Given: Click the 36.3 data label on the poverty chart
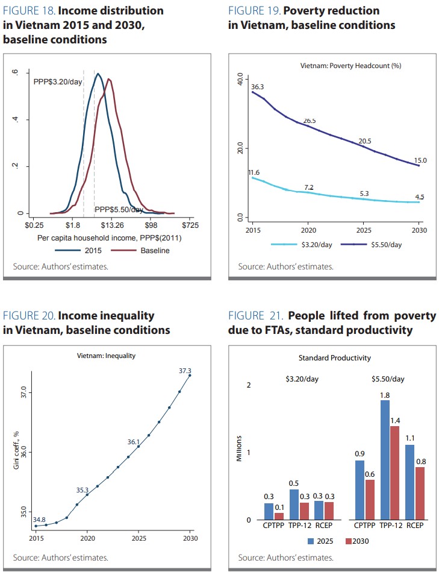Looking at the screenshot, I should pos(257,87).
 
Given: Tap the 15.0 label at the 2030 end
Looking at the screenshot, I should pos(421,160).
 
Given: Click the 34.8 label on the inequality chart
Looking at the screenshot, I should pos(40,519).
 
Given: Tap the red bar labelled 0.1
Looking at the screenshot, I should pos(279,516).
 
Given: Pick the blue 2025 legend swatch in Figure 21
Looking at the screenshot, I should pos(311,541).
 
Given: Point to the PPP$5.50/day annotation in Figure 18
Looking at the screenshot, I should pos(119,209).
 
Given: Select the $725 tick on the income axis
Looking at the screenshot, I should pos(190,225).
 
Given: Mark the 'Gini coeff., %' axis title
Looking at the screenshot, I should pos(18,450).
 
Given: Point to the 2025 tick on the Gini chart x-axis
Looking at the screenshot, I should pos(139,537).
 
